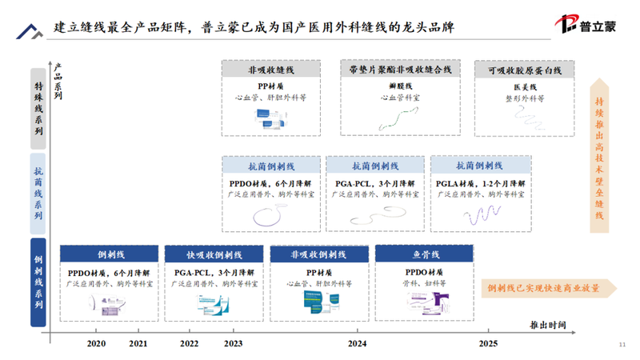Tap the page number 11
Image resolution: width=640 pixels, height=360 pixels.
tap(622, 345)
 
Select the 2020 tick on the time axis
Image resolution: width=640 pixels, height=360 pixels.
tap(95, 343)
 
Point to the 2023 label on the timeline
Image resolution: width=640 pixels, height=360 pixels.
tap(234, 343)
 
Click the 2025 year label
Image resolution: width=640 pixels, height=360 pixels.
tap(487, 343)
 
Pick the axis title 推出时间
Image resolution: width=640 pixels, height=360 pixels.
tap(548, 324)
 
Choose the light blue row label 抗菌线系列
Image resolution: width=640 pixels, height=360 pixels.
tap(38, 193)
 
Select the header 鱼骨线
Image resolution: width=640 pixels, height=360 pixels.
tap(425, 254)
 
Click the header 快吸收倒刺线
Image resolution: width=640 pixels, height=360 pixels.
tap(214, 254)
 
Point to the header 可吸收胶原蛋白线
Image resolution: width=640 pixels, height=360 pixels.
tap(525, 70)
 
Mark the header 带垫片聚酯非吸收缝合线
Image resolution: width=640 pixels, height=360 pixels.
tap(394, 70)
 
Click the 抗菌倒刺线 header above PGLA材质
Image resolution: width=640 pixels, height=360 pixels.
tap(479, 166)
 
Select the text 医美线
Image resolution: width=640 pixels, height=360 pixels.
tap(525, 86)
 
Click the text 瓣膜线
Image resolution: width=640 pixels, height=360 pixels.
tap(395, 86)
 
